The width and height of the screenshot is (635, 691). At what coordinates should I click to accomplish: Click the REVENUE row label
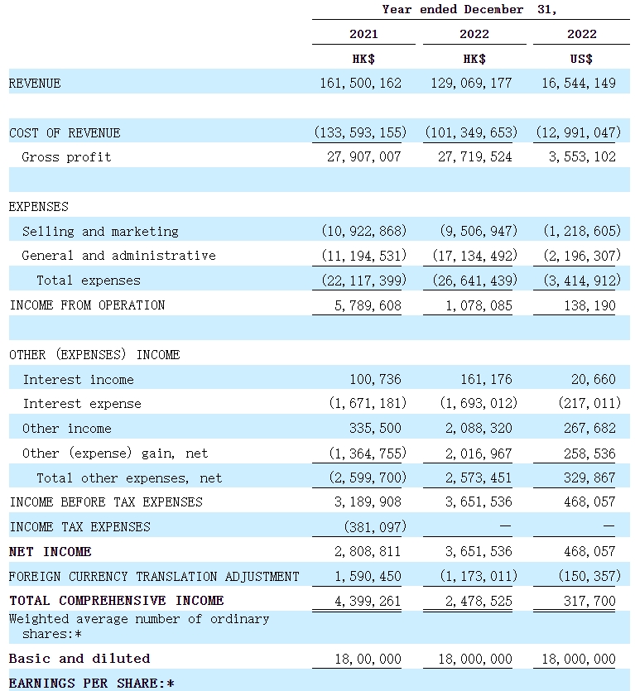35,84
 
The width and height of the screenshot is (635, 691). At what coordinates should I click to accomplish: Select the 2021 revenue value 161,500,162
360,84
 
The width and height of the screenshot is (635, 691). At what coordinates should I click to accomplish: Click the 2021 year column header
363,34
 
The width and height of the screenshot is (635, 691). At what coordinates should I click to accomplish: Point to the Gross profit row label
66,157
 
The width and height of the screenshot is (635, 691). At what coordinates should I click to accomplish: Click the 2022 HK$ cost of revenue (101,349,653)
471,132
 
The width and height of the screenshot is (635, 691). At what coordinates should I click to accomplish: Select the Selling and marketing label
100,232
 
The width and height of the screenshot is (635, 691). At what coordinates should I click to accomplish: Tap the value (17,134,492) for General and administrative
474,256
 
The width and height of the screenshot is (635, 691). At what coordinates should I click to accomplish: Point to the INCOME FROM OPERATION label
87,305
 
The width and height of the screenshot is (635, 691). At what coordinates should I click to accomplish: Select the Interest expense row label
82,404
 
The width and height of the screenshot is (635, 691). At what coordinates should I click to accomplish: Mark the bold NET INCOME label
51,552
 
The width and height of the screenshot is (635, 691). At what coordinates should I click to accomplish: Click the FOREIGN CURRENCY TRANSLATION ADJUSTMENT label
154,577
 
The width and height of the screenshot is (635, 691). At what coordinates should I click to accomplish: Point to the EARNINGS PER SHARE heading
92,684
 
